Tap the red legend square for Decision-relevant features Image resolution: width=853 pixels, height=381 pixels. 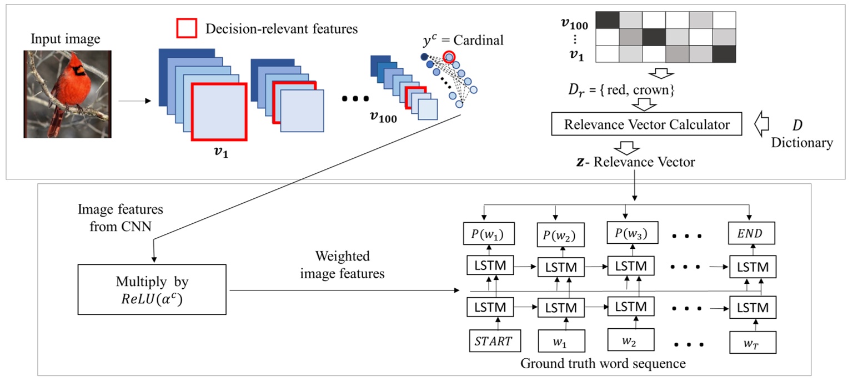(186, 28)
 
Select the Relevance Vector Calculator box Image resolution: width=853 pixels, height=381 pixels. (646, 124)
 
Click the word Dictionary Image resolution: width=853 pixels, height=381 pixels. (805, 143)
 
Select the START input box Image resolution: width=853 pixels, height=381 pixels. (494, 341)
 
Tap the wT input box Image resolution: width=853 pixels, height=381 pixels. (753, 342)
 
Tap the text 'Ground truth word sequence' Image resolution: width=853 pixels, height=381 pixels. (603, 364)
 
